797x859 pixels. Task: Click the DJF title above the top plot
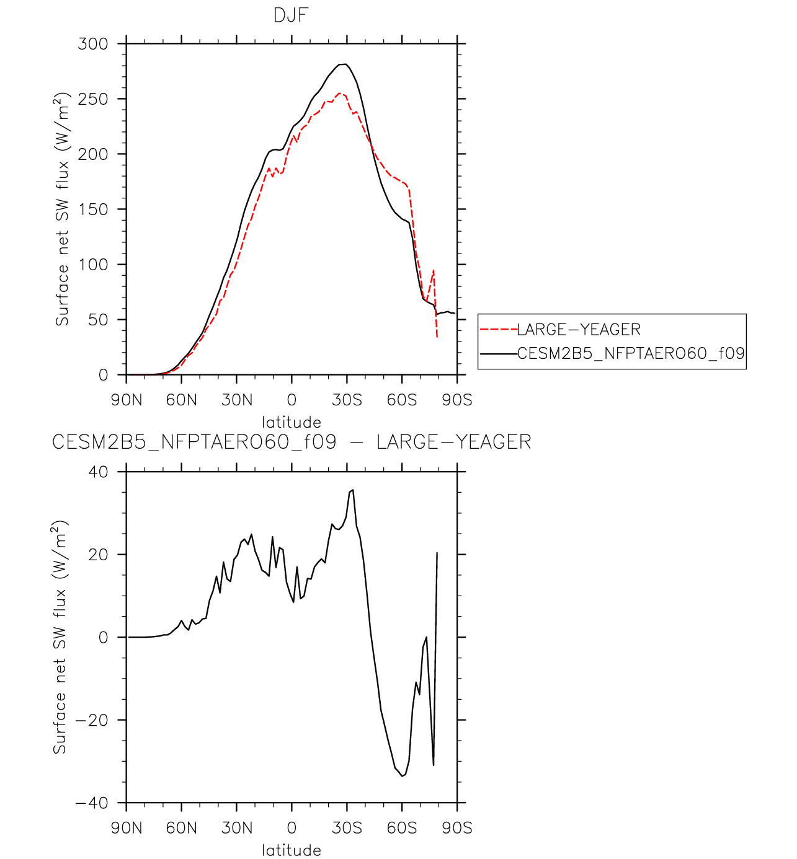coord(291,15)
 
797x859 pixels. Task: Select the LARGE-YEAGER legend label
coord(579,330)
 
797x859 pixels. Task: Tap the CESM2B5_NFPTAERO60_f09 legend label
coord(631,353)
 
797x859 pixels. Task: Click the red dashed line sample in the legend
coord(498,330)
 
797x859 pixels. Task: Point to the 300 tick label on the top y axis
coord(92,43)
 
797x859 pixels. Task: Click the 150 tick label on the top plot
coord(92,209)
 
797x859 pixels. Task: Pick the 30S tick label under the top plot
coord(347,400)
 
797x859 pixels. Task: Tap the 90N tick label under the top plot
coord(127,400)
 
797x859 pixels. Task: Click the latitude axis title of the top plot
coord(292,422)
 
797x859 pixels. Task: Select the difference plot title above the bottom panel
coord(292,442)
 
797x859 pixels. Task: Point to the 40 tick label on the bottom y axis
coord(97,472)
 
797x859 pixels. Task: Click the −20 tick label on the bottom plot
coord(92,720)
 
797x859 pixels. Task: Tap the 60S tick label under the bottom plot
coord(402,828)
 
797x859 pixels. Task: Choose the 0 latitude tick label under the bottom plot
coord(292,828)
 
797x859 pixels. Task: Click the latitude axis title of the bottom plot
coord(292,850)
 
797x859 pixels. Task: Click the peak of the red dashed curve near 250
coord(339,92)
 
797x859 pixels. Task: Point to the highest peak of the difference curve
coord(353,490)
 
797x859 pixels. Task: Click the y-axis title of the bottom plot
coord(60,638)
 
